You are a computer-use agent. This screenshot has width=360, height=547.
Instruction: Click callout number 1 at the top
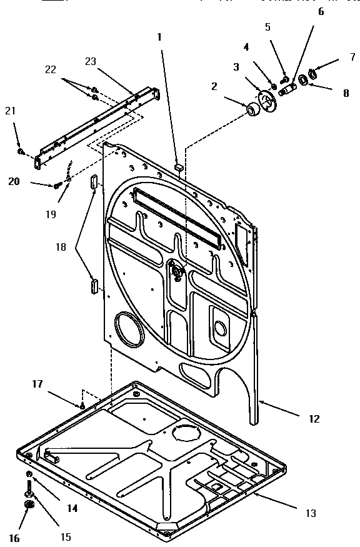click(159, 37)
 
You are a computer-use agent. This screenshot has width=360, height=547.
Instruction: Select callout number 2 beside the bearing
click(214, 86)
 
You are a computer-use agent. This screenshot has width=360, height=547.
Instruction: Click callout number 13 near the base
click(311, 513)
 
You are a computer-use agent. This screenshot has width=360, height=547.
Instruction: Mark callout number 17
click(37, 384)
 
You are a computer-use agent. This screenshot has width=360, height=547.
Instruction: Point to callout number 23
click(91, 61)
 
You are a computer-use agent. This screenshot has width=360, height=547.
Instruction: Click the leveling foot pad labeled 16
click(28, 505)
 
